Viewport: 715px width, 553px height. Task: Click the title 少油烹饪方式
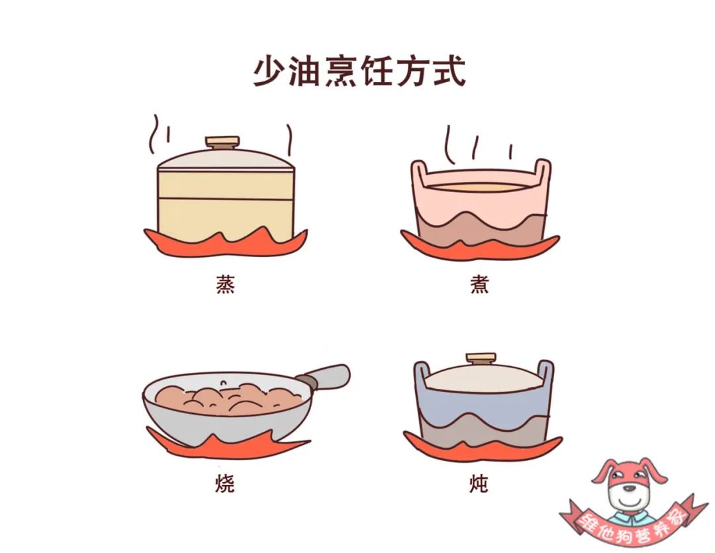point(359,71)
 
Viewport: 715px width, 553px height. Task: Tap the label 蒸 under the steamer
point(225,284)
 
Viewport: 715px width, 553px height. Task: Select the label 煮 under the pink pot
point(479,284)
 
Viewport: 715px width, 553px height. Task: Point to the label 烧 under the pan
point(225,483)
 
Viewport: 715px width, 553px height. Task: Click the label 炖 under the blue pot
point(479,483)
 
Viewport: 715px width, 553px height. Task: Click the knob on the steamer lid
point(222,142)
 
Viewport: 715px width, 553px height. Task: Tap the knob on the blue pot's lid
point(481,359)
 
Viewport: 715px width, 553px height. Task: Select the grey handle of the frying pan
point(324,377)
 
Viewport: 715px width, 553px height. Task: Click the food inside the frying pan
point(228,398)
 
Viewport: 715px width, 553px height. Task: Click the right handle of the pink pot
point(543,174)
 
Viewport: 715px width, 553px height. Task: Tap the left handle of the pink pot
point(419,174)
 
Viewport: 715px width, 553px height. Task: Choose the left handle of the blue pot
point(422,375)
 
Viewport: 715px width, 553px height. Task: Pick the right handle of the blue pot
point(546,374)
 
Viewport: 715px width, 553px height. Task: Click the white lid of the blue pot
point(483,377)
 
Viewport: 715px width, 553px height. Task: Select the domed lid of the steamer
point(226,159)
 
